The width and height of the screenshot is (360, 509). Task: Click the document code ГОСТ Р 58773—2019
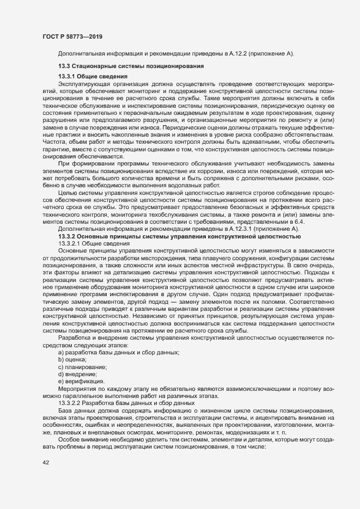(72, 37)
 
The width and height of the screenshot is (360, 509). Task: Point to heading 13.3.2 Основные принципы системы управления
(179, 237)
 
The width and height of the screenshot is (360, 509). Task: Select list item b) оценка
(72, 360)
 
